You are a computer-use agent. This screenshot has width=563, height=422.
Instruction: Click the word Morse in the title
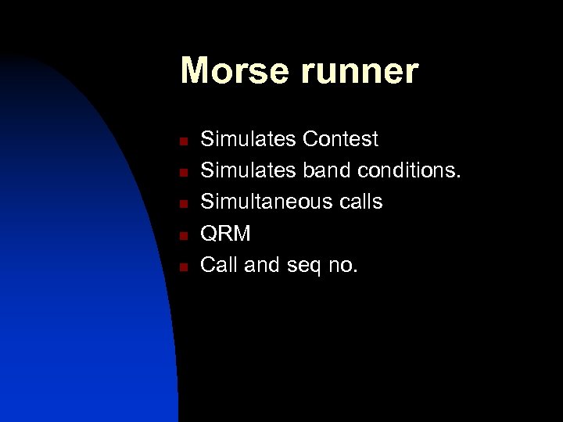coord(235,71)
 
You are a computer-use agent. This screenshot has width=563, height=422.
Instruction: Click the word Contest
coord(340,140)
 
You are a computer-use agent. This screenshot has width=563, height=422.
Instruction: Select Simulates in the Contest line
coord(249,140)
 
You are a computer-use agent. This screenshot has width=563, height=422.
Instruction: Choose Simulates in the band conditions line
coord(249,171)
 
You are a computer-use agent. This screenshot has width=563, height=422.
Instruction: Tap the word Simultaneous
coord(265,202)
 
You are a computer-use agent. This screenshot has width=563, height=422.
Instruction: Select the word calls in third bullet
coord(359,202)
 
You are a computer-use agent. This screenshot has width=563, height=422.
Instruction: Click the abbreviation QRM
coord(226,234)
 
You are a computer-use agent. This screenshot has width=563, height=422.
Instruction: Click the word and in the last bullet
coord(261,265)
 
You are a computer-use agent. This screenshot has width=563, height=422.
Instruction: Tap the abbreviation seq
coord(303,266)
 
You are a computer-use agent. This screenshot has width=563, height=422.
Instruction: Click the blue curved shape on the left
coord(78,274)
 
